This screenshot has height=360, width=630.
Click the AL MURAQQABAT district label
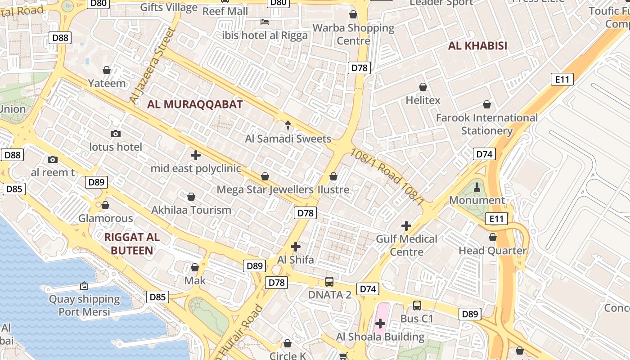(195, 104)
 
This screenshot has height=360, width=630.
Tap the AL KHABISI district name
(477, 45)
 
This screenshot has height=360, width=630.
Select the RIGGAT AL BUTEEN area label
(132, 243)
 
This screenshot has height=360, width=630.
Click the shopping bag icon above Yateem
(107, 70)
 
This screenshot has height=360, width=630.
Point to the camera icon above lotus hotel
(116, 134)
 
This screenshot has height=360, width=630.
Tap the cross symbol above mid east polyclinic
(196, 156)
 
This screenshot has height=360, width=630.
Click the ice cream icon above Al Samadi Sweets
(288, 126)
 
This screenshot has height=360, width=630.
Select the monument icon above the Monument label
(477, 187)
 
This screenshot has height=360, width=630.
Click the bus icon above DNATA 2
(329, 282)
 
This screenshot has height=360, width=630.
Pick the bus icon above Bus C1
(417, 306)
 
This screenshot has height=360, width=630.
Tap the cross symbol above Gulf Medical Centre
(406, 226)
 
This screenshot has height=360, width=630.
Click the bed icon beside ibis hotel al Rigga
(265, 22)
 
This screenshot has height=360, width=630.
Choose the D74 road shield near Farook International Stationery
(484, 154)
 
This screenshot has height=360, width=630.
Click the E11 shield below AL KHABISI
(562, 80)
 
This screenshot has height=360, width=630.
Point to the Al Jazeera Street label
(152, 65)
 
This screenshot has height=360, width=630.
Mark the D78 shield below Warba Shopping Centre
(359, 68)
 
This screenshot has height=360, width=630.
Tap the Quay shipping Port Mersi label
(85, 305)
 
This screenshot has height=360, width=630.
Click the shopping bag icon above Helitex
(423, 87)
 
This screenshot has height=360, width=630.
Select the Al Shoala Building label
(380, 337)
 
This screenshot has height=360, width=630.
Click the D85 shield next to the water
(157, 297)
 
